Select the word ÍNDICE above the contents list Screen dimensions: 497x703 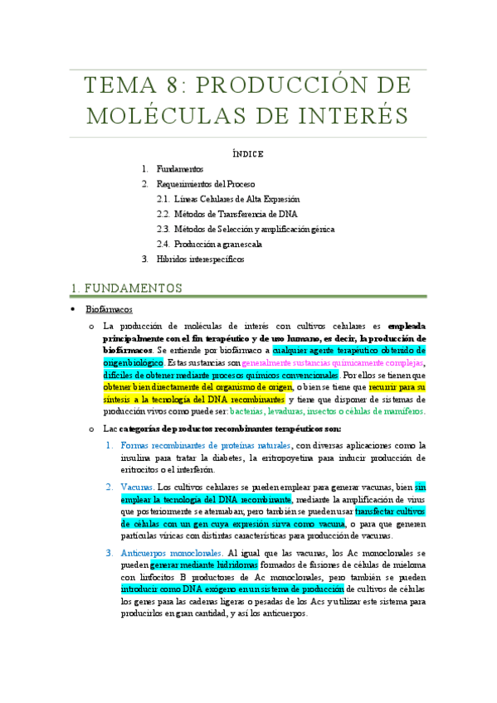point(248,153)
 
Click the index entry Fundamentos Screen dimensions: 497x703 point(180,169)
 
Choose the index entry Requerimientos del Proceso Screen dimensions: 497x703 point(206,184)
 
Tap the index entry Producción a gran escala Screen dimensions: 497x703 point(218,244)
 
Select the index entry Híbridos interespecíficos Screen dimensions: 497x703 point(201,259)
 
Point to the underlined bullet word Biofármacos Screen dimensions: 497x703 point(110,309)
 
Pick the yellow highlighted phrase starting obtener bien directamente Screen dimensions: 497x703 point(198,386)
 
